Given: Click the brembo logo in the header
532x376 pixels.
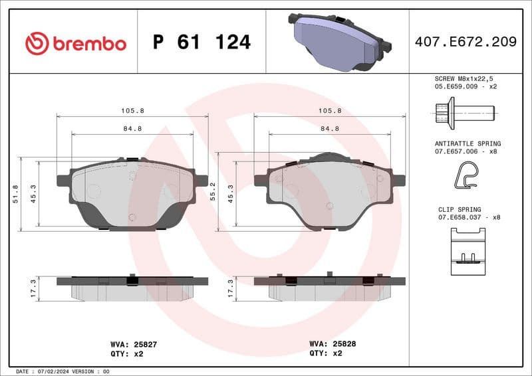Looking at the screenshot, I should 75,43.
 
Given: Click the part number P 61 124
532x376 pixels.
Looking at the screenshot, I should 201,43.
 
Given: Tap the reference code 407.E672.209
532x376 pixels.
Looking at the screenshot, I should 465,42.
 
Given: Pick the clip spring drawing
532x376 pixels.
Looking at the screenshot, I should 467,251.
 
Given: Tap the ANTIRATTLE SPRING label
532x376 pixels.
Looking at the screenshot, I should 467,143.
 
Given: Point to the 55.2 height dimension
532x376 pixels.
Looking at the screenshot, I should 213,192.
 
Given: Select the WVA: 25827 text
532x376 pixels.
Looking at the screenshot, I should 133,344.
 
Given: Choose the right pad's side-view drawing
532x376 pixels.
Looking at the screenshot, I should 330,287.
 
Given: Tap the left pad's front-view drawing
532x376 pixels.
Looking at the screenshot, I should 132,193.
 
